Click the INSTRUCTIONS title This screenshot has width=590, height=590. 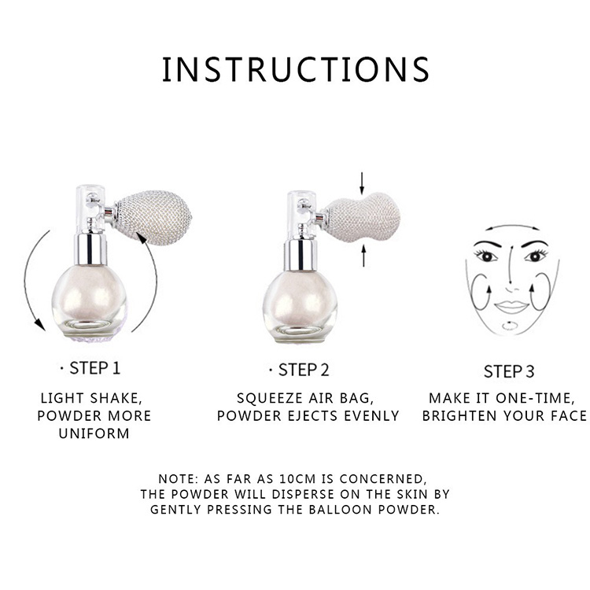295,69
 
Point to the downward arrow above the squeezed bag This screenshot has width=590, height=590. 361,183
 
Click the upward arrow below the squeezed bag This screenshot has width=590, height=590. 361,254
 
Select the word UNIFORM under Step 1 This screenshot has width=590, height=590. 94,433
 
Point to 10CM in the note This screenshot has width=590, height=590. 332,479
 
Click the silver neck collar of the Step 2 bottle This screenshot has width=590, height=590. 299,252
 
